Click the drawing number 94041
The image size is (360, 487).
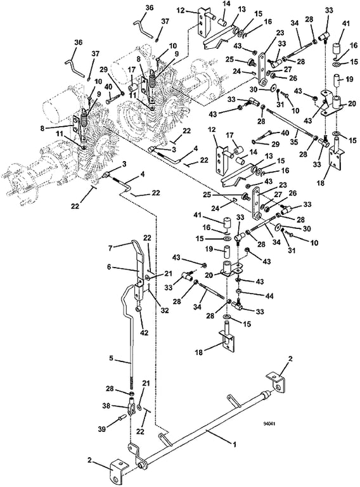coord(269,424)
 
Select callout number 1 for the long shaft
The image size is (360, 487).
coord(235,445)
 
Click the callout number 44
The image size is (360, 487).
coord(269,296)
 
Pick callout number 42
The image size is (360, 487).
coord(144,333)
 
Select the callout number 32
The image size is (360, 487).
coord(165,310)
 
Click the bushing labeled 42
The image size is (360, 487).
coord(139,309)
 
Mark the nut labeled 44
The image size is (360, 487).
coord(239,291)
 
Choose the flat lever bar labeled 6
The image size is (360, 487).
coord(140,270)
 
